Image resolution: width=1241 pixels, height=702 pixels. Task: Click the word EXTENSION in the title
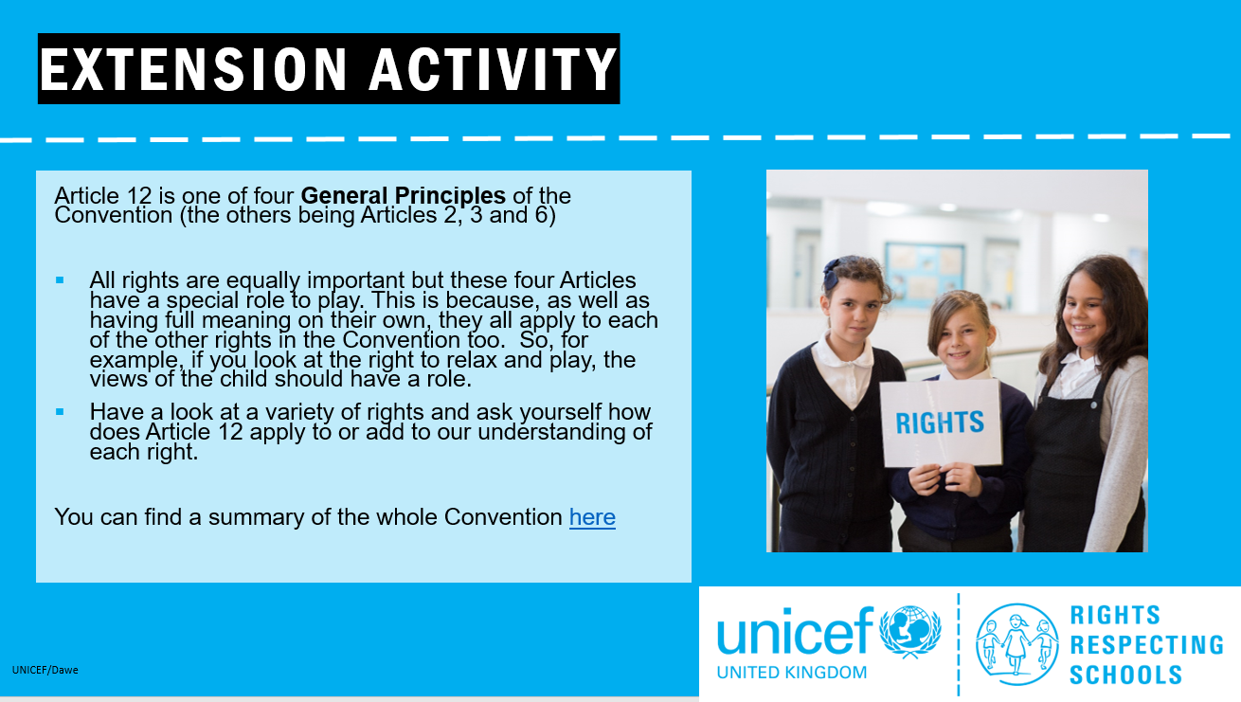(194, 69)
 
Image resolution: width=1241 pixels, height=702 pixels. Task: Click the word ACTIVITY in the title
(493, 69)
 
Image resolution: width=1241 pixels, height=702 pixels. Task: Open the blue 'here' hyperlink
(592, 517)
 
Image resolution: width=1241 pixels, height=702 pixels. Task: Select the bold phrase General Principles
(403, 195)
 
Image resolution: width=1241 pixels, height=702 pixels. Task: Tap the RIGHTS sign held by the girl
(940, 423)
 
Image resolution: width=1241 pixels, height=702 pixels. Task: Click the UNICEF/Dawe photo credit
(45, 670)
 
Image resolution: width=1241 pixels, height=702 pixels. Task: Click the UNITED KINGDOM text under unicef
(791, 672)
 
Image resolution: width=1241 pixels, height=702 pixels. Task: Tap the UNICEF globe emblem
(909, 632)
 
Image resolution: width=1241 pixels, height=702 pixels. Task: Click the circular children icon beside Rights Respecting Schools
(1016, 644)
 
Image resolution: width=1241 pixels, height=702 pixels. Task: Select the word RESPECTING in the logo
(1146, 645)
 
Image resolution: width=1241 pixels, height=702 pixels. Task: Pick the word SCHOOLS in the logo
(1125, 675)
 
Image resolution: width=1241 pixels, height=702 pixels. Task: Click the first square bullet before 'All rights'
(60, 280)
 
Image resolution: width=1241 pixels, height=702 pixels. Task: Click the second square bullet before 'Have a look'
(60, 412)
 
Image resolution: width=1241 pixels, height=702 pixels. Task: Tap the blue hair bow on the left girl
(832, 273)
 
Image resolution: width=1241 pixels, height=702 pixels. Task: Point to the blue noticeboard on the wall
(924, 274)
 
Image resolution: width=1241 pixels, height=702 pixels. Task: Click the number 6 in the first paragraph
(541, 215)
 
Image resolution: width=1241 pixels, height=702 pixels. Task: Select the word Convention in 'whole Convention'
(503, 517)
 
